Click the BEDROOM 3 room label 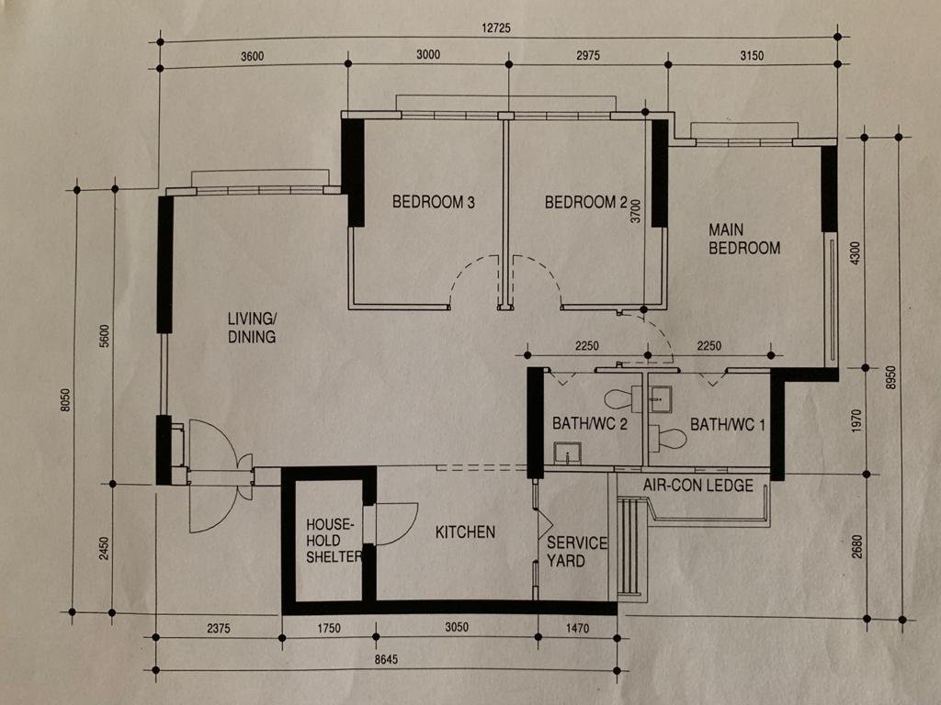pyautogui.click(x=434, y=202)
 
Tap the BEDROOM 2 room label pyautogui.click(x=585, y=203)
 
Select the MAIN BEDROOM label pyautogui.click(x=744, y=239)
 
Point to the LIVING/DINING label pyautogui.click(x=252, y=328)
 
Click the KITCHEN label pyautogui.click(x=465, y=532)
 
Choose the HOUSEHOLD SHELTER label pyautogui.click(x=333, y=541)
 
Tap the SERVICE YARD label pyautogui.click(x=576, y=552)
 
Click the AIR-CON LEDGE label pyautogui.click(x=698, y=485)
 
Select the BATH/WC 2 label pyautogui.click(x=590, y=424)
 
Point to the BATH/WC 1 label pyautogui.click(x=728, y=425)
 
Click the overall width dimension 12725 pyautogui.click(x=496, y=28)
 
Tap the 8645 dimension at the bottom pyautogui.click(x=386, y=659)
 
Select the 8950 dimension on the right pyautogui.click(x=891, y=377)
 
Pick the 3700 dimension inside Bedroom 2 pyautogui.click(x=636, y=212)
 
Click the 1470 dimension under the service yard pyautogui.click(x=577, y=628)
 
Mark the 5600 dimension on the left pyautogui.click(x=105, y=336)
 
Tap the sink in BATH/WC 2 pyautogui.click(x=567, y=453)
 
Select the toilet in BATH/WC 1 pyautogui.click(x=667, y=438)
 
